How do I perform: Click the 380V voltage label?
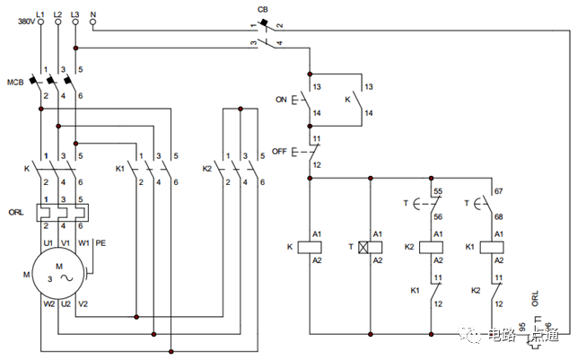[x=25, y=22]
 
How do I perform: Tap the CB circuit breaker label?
[x=263, y=10]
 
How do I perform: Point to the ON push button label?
[x=281, y=99]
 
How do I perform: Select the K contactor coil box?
[x=315, y=245]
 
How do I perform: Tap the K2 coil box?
[x=437, y=245]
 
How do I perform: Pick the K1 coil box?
[x=493, y=245]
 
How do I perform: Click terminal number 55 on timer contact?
[x=438, y=192]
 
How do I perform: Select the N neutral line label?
[x=94, y=13]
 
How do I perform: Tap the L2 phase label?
[x=58, y=13]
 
